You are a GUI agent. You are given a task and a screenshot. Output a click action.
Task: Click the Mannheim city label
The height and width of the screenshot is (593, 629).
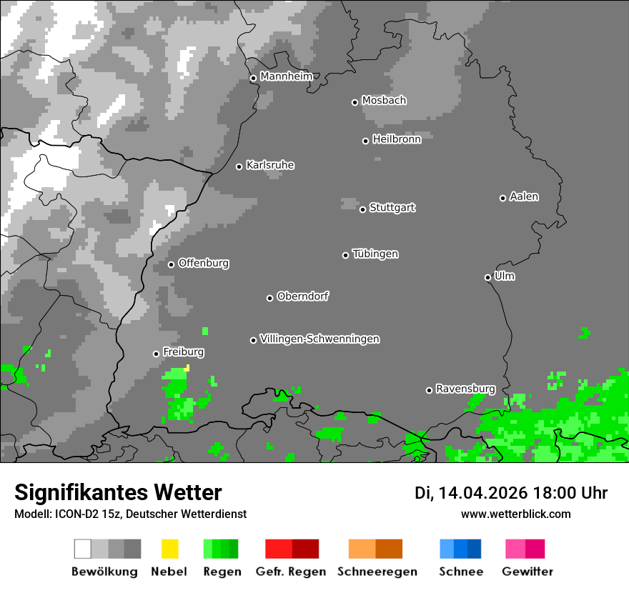[x=286, y=76]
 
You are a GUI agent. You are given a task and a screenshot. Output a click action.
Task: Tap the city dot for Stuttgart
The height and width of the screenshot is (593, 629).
[x=362, y=209]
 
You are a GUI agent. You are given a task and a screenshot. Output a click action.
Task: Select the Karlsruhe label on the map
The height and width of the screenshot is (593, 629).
[x=270, y=165]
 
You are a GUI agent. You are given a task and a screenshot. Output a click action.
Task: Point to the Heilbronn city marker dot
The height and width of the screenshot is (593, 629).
[x=365, y=141]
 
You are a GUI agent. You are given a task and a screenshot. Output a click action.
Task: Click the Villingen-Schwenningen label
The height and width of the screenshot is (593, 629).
[x=320, y=339]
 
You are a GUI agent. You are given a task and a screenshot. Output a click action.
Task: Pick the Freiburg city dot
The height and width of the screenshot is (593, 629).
[x=156, y=354]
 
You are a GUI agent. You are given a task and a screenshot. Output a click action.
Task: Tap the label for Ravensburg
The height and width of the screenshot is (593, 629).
[x=465, y=389]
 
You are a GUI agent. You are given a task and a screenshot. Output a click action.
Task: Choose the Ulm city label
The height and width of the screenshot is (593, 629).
[x=505, y=276]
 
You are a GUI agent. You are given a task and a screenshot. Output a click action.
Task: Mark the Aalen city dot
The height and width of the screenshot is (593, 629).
[x=502, y=198]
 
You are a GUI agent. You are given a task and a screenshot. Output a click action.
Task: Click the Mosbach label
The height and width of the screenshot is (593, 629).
[x=384, y=101]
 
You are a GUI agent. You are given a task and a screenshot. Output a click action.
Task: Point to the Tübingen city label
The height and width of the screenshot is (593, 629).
[x=375, y=254]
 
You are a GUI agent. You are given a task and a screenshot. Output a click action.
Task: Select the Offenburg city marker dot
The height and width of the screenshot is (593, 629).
[x=171, y=264]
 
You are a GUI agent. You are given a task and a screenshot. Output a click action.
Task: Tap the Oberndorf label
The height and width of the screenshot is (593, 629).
[x=302, y=296]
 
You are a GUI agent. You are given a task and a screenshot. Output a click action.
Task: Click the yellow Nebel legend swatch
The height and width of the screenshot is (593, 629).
[x=169, y=549]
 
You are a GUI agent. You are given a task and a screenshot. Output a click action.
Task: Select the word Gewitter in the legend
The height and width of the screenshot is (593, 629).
[x=528, y=572]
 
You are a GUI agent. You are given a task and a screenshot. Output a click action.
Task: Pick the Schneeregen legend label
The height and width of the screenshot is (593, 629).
[x=377, y=572]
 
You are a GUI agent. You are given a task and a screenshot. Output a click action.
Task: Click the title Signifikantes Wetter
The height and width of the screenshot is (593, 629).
[x=118, y=492]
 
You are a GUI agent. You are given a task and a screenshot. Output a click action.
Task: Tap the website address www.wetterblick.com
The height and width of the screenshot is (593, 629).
[x=515, y=514]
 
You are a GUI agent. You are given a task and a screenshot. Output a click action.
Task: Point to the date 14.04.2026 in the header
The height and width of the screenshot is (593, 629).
[x=482, y=493]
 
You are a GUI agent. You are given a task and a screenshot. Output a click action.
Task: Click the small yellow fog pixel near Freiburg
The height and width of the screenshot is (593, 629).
[x=187, y=367]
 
